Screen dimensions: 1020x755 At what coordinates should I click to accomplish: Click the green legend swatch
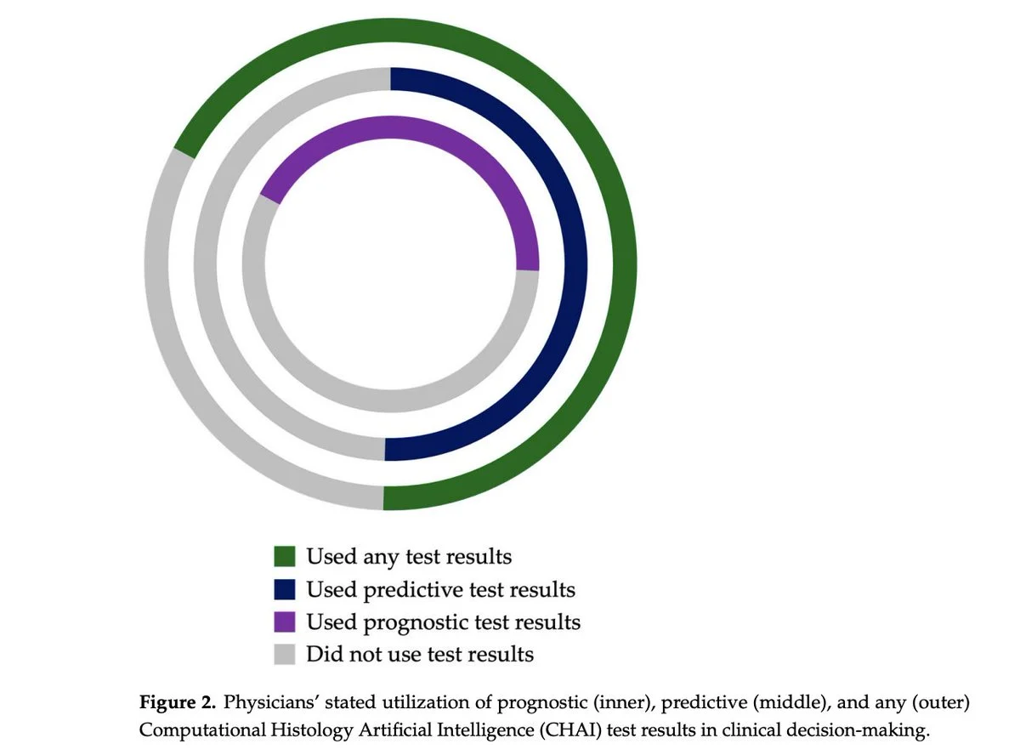(284, 556)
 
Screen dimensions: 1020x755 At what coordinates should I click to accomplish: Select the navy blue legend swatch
(284, 589)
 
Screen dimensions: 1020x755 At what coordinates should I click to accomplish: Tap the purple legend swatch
(284, 622)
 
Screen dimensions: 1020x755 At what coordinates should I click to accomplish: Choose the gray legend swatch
(284, 654)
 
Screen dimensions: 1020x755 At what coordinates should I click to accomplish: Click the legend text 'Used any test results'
(409, 557)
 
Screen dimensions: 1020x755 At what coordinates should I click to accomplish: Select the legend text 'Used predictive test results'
(440, 590)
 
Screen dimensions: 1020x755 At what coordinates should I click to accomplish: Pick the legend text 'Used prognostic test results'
(444, 622)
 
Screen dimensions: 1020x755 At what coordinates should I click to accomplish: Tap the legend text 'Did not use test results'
(420, 654)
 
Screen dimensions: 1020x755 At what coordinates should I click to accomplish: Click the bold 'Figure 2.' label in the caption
(178, 702)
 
